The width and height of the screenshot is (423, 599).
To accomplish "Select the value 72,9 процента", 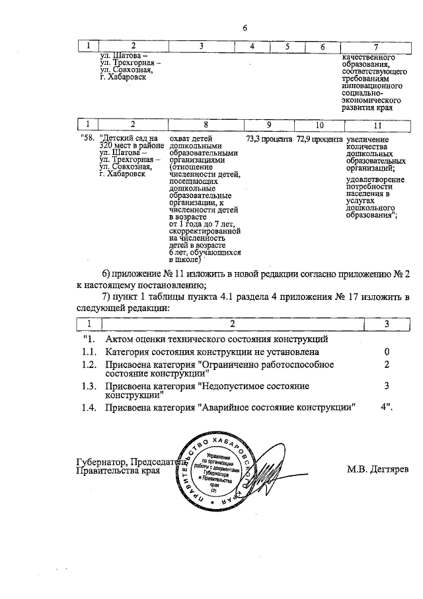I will click(319, 140).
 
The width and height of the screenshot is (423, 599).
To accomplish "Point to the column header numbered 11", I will click(377, 124).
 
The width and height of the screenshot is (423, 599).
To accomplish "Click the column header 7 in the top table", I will click(375, 46).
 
